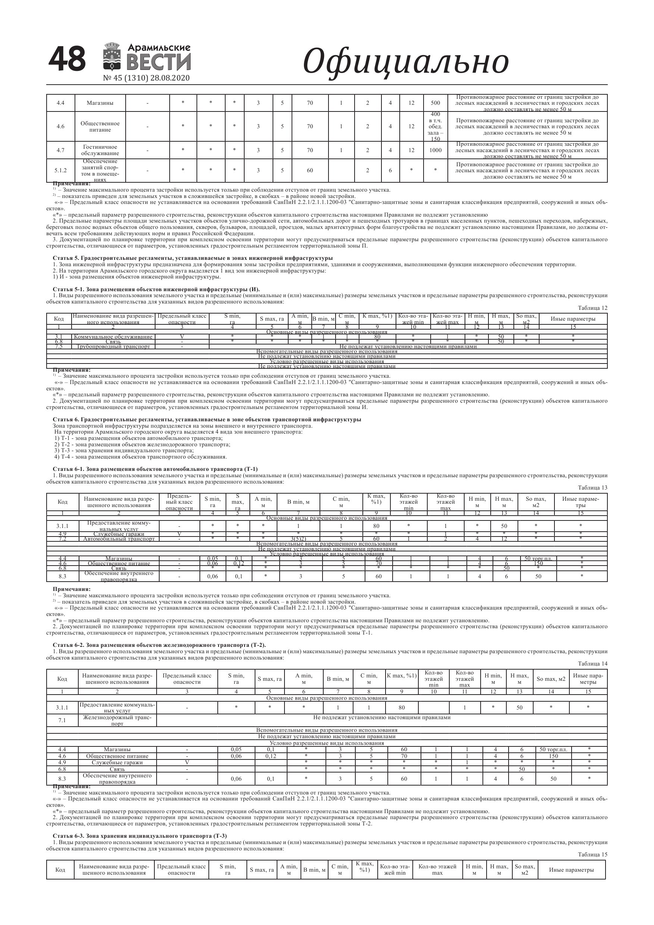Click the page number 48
[67, 59]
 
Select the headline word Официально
[405, 62]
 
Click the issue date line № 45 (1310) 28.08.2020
[146, 78]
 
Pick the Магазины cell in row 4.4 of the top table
[100, 103]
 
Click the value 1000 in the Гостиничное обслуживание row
[435, 150]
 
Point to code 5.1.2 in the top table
[60, 170]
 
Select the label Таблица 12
[592, 308]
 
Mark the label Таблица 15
[592, 855]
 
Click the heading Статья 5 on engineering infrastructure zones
[193, 258]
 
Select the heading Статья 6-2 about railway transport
[159, 645]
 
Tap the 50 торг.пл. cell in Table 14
[553, 750]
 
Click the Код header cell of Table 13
[63, 502]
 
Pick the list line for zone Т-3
[124, 451]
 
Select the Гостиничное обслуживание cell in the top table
[100, 150]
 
